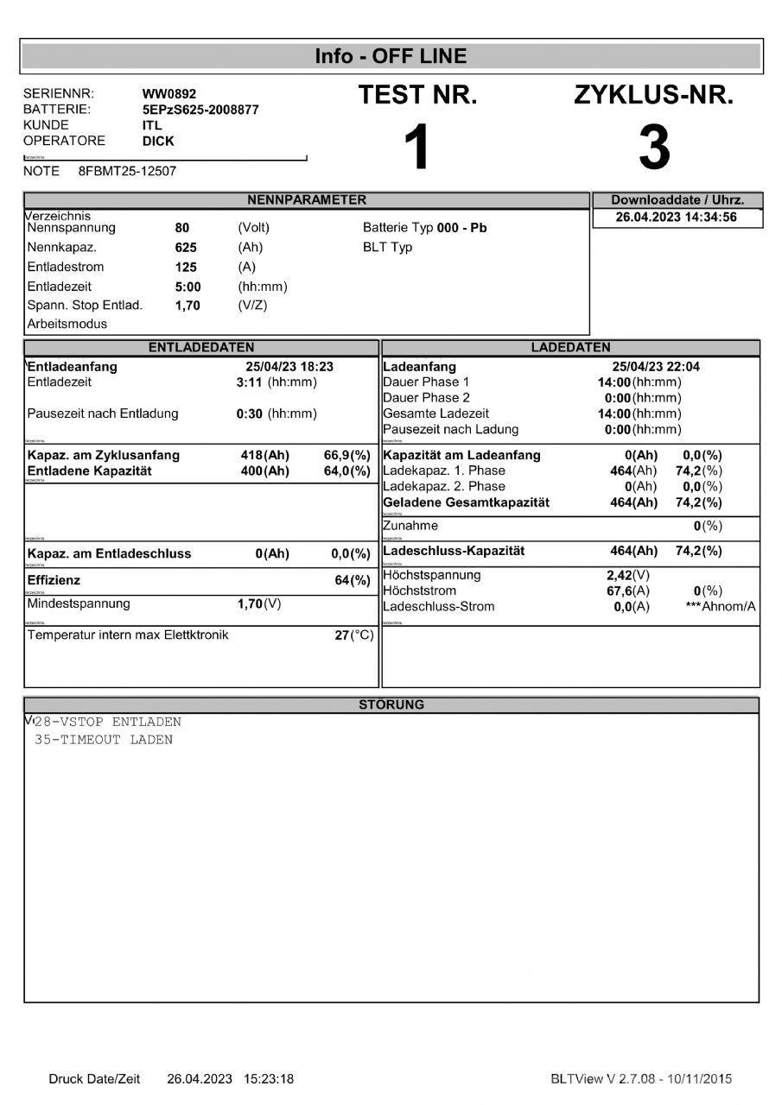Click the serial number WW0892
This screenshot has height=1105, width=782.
[170, 94]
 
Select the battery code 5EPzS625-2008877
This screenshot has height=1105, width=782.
[200, 110]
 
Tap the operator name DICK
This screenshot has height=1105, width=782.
[158, 141]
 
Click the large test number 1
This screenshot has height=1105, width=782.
[417, 148]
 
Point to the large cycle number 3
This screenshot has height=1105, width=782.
[653, 148]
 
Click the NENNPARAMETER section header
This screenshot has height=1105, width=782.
[307, 200]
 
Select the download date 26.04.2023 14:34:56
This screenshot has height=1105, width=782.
[677, 218]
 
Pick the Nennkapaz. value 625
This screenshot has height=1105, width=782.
[186, 248]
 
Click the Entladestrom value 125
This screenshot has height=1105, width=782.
[186, 268]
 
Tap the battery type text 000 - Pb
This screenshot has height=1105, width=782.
[462, 229]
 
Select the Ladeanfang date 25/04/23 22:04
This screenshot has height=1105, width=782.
[656, 367]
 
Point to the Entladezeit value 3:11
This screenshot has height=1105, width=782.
[249, 382]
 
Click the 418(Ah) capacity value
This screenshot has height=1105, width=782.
[264, 455]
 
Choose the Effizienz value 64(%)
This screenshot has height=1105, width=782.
[353, 581]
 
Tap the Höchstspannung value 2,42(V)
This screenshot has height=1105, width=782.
[628, 576]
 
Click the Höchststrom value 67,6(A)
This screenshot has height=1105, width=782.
[627, 591]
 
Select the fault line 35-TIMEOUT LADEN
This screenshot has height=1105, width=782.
[104, 740]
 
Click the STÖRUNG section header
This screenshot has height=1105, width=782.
[391, 704]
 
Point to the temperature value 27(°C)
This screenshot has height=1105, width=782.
[354, 636]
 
